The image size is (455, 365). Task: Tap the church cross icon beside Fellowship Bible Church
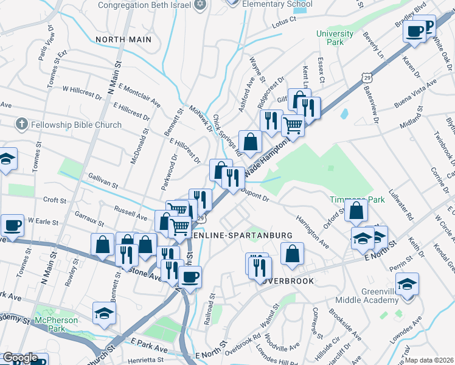(21, 125)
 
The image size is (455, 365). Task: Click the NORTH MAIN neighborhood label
(122, 39)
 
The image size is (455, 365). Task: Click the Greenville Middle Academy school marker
(406, 283)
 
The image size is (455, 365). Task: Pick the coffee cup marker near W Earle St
(12, 226)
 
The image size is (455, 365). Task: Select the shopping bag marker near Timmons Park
(356, 210)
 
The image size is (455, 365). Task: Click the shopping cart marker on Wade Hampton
(293, 126)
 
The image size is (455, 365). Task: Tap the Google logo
(20, 358)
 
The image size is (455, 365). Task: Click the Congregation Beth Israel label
(145, 5)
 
